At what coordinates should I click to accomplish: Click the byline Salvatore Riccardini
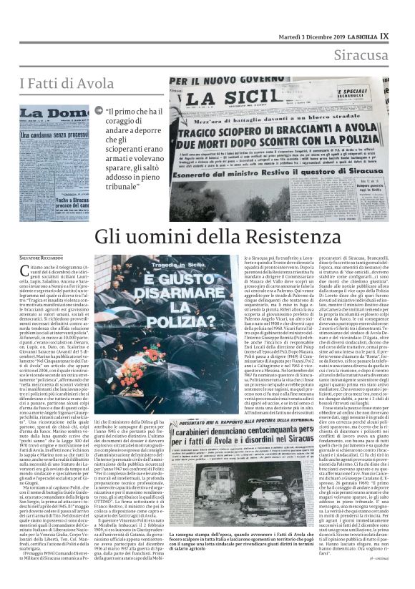click(x=42, y=256)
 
